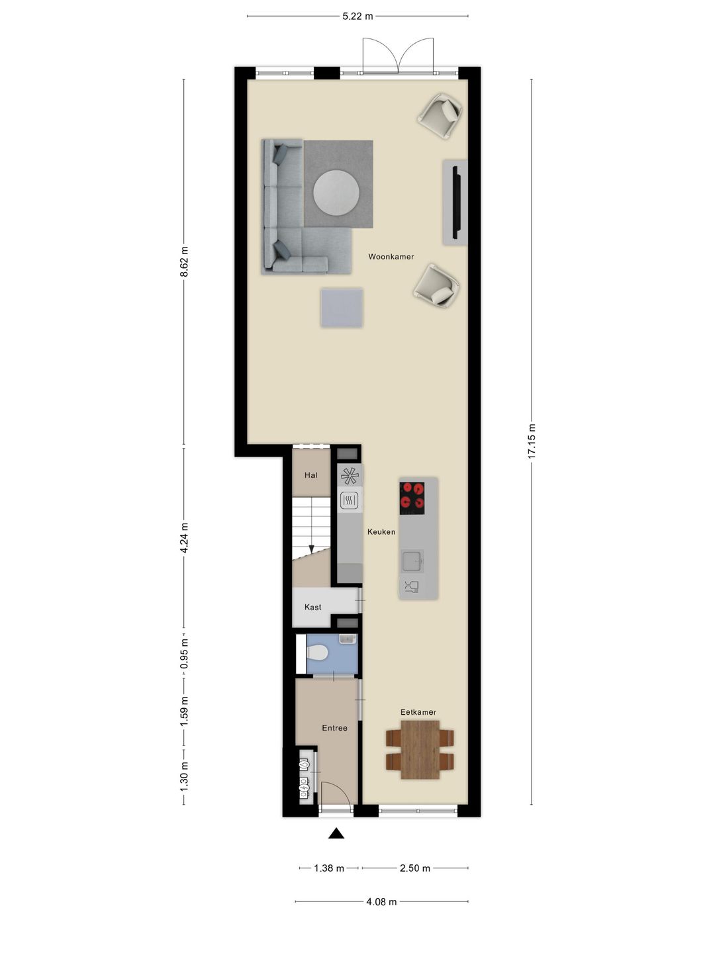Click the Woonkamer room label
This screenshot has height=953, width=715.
391,257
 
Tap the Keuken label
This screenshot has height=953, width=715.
381,531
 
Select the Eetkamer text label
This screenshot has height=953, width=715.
418,712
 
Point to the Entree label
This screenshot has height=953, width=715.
334,728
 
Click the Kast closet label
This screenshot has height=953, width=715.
312,607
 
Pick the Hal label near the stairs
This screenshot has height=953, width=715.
310,475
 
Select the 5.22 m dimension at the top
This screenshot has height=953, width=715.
358,16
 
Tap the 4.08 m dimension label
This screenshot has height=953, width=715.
381,901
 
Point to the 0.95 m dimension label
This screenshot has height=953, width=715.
184,654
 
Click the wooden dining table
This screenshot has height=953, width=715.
420,749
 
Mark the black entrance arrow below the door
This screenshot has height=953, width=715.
336,833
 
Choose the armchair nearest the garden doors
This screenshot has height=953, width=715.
440,116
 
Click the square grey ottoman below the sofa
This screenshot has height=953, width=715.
342,308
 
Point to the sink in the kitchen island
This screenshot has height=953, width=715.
412,561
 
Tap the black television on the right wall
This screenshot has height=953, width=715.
455,203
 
